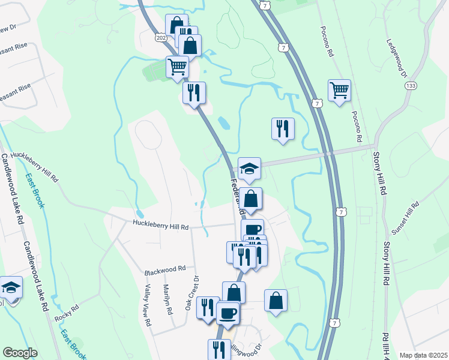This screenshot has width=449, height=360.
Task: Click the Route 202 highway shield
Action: click(161, 37)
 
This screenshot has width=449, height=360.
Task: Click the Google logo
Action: click(20, 353)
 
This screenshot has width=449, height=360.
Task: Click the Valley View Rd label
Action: click(146, 305)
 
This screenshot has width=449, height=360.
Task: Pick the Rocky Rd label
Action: click(67, 311)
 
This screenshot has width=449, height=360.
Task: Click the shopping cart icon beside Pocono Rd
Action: click(339, 91)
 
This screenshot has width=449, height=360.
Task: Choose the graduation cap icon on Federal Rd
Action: click(249, 169)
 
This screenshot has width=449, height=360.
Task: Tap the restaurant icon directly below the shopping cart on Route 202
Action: click(194, 92)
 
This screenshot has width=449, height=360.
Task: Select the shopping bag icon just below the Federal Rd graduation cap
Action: click(252, 199)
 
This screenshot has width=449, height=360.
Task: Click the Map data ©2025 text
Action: click(423, 355)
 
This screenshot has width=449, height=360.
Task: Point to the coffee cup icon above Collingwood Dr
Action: click(228, 313)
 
